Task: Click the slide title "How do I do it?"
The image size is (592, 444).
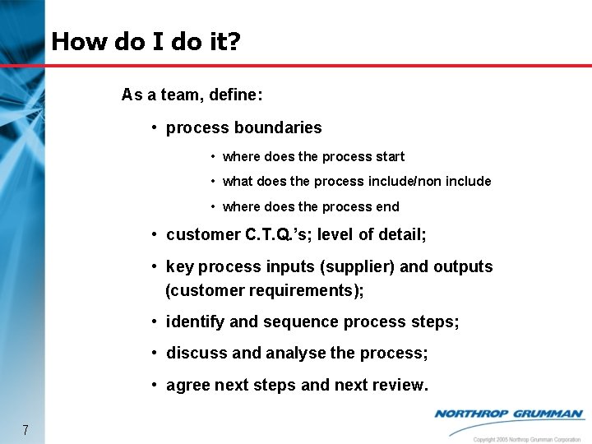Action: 146,41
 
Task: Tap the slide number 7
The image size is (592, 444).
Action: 26,429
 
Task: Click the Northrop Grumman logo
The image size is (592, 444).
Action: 508,414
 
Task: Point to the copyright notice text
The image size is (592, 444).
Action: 527,439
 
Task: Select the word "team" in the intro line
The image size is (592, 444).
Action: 179,95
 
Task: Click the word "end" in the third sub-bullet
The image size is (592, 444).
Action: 388,206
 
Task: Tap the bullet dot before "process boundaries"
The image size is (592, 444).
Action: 155,128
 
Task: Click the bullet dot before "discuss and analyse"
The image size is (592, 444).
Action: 155,354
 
